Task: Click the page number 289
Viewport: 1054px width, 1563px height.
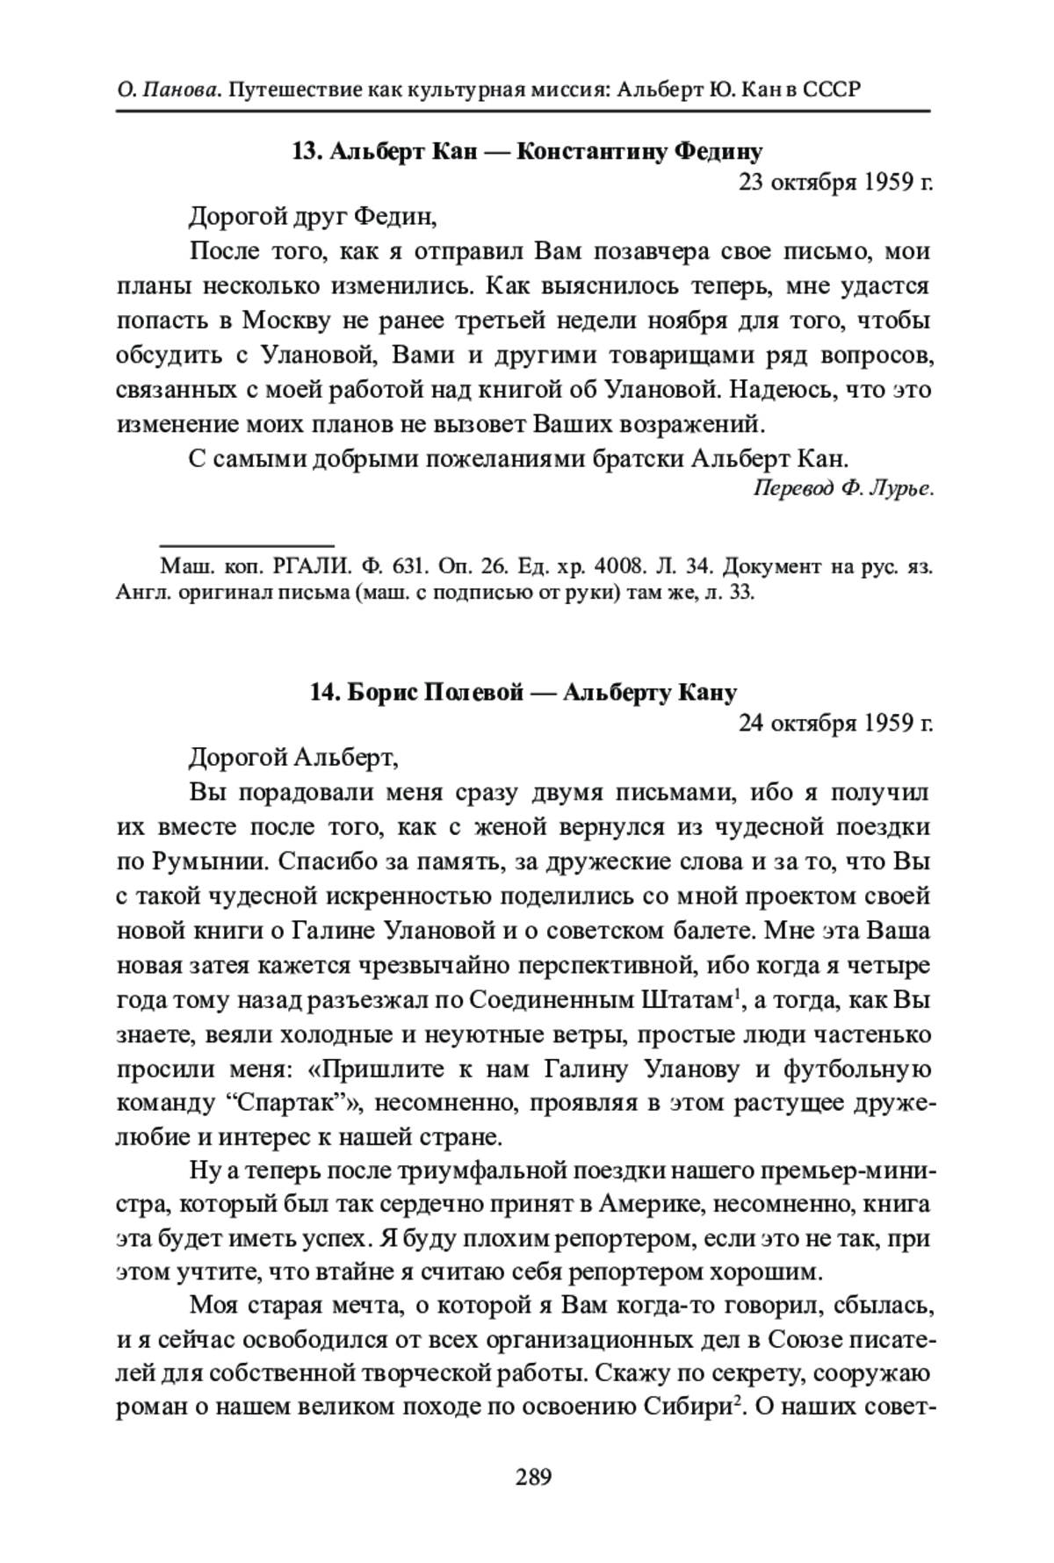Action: [533, 1478]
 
